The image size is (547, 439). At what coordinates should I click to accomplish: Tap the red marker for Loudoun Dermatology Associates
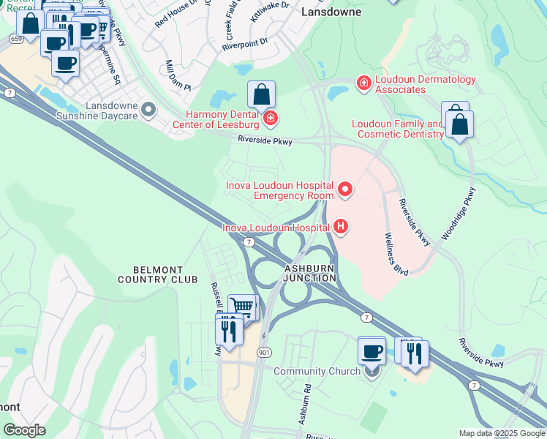pos(363,84)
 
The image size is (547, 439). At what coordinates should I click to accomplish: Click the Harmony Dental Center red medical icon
pos(270,118)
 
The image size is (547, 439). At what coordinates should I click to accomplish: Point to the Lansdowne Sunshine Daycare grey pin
pos(149,110)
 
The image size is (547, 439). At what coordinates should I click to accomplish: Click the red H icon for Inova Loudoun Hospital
pos(339,228)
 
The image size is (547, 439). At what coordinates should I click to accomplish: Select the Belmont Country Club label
pos(158,274)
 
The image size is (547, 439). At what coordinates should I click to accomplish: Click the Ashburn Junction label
pos(309,273)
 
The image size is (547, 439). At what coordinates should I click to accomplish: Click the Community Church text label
pos(317,372)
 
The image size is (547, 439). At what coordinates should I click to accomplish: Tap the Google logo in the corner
pos(24,430)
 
